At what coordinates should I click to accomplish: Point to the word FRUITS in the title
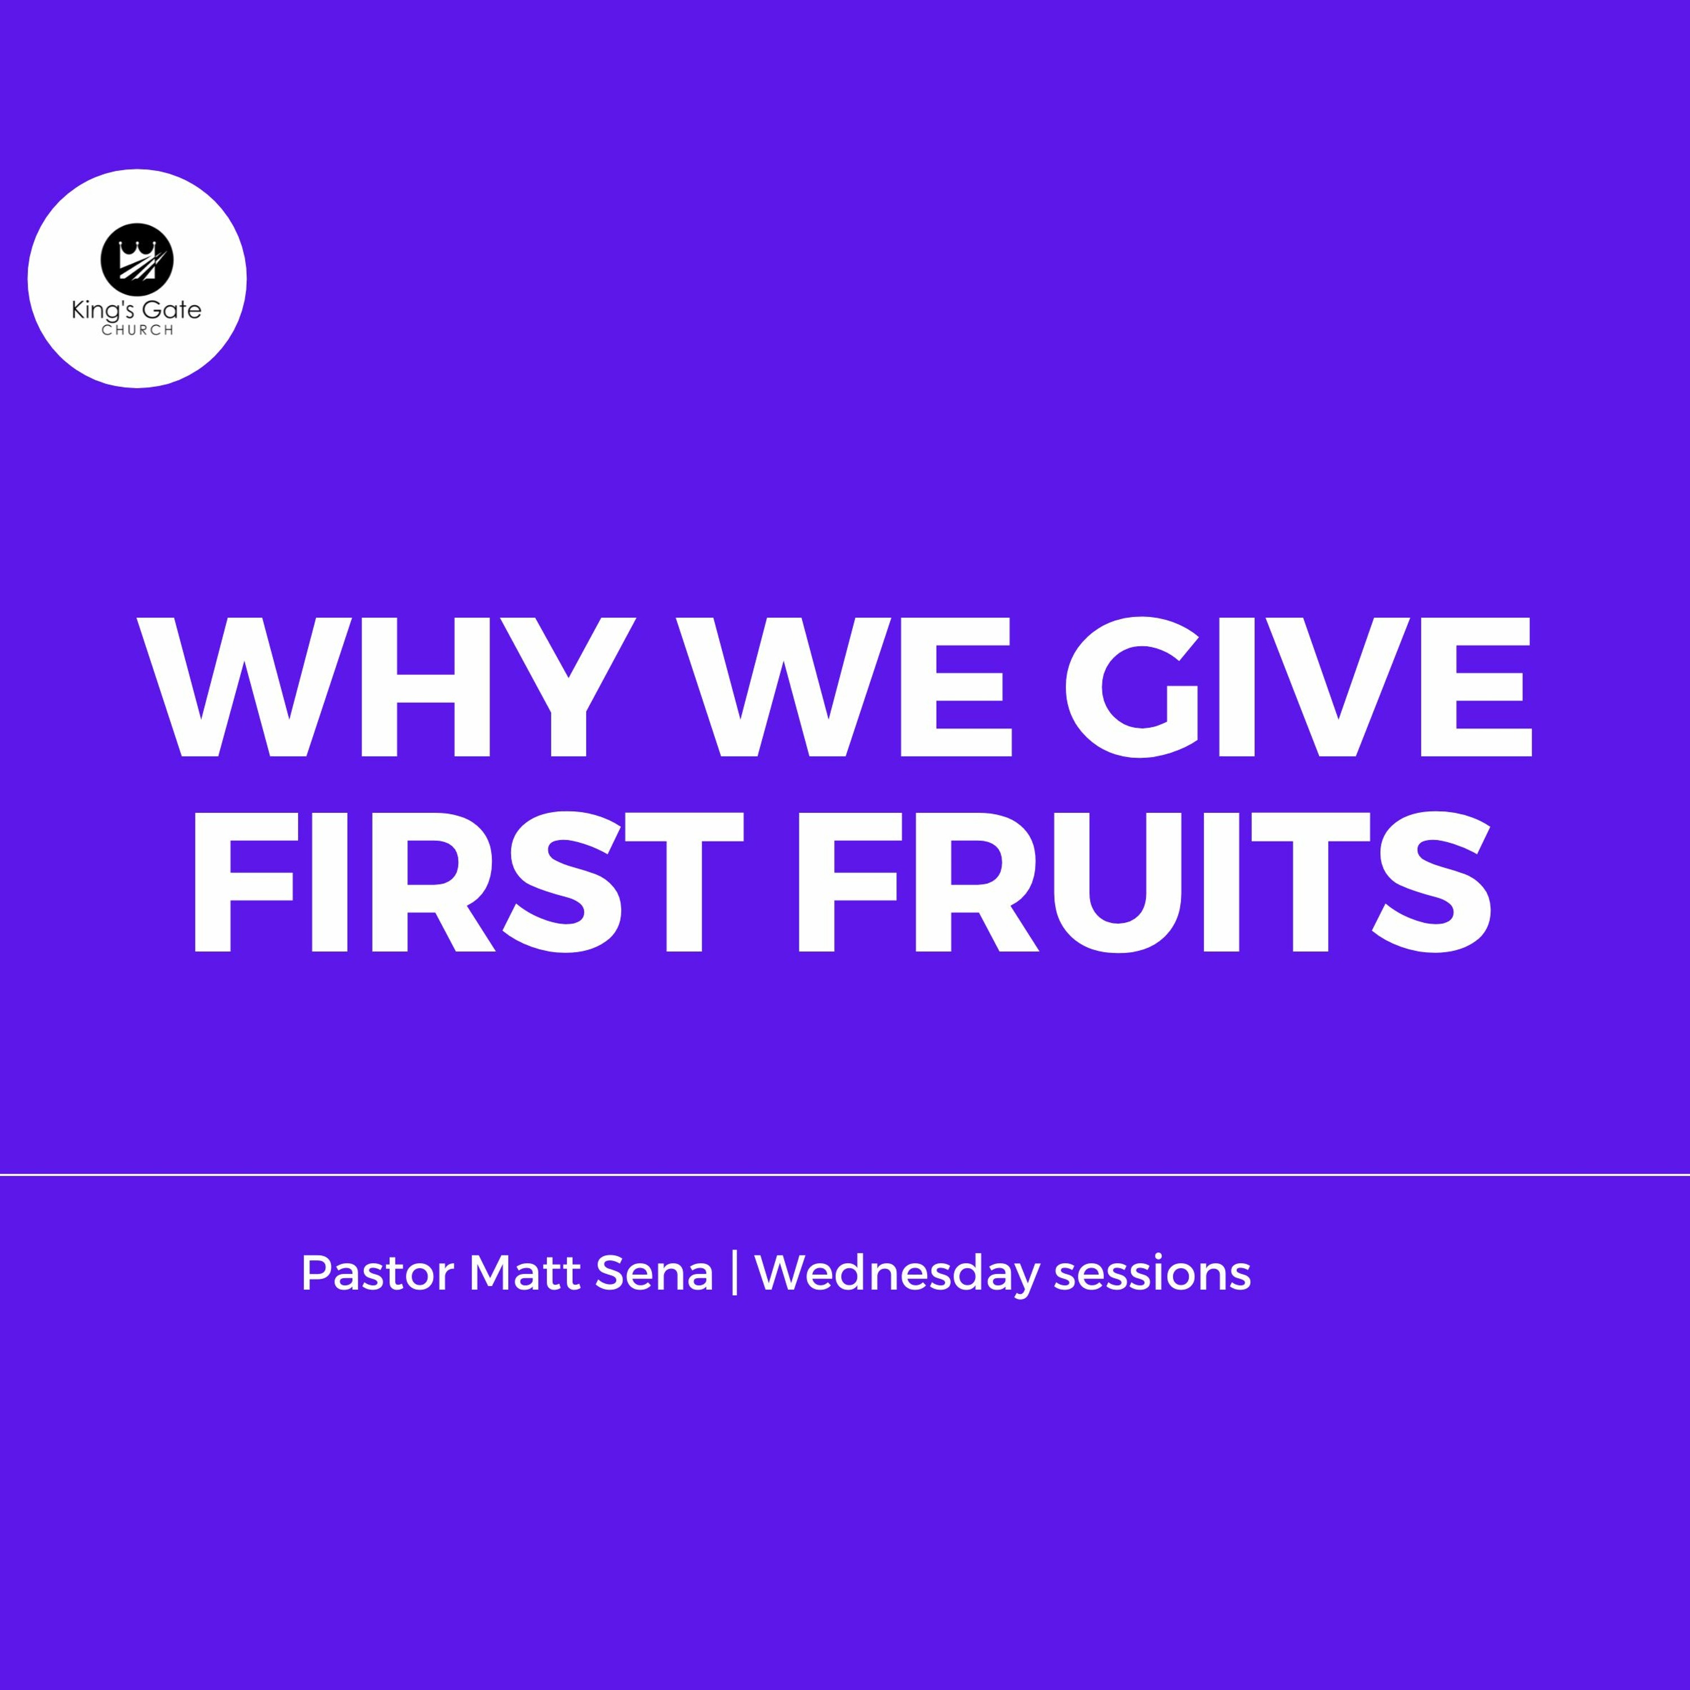(x=1142, y=883)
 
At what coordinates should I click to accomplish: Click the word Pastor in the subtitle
(x=378, y=1274)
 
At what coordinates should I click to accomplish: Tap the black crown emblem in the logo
(x=137, y=258)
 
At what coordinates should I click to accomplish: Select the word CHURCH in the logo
(x=137, y=331)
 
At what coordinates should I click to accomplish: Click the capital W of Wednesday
(x=784, y=1274)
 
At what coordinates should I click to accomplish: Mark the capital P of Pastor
(x=317, y=1274)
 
